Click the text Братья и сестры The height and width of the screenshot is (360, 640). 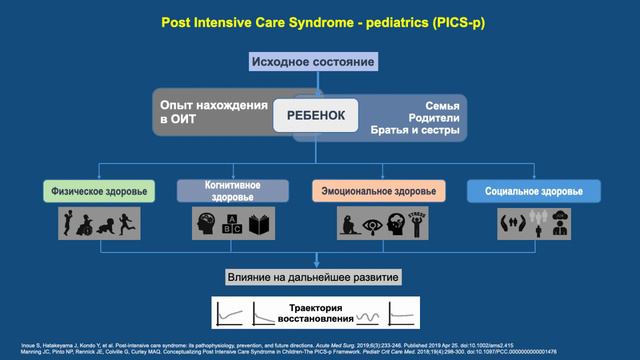click(x=416, y=131)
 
